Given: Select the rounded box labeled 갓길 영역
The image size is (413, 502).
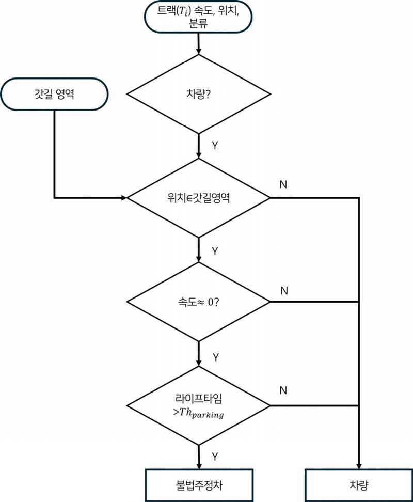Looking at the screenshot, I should tap(54, 94).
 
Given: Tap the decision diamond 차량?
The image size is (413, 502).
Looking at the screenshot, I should tap(199, 95).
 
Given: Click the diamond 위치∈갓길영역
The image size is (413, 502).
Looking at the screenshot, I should tap(199, 198).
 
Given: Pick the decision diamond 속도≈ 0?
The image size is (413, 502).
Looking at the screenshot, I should tap(199, 302).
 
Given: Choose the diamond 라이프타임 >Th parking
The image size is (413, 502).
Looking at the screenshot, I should tap(199, 405).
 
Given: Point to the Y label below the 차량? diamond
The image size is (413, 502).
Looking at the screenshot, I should tap(215, 145).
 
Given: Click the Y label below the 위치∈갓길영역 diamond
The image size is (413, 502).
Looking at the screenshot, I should tap(215, 250).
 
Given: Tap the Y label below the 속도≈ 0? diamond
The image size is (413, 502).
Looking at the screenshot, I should tap(215, 357).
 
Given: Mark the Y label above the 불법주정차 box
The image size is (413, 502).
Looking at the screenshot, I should tap(215, 457).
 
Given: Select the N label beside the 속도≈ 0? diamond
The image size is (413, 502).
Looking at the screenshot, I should tap(283, 291).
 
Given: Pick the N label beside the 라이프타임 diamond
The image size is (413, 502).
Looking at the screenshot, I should tap(283, 390).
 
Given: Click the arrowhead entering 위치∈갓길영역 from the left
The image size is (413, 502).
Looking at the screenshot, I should tap(123, 198).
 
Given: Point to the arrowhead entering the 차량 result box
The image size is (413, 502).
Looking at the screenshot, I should tap(358, 465).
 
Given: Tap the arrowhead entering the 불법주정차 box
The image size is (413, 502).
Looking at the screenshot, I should tap(199, 465).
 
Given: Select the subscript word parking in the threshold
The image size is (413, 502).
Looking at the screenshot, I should tap(206, 415).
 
